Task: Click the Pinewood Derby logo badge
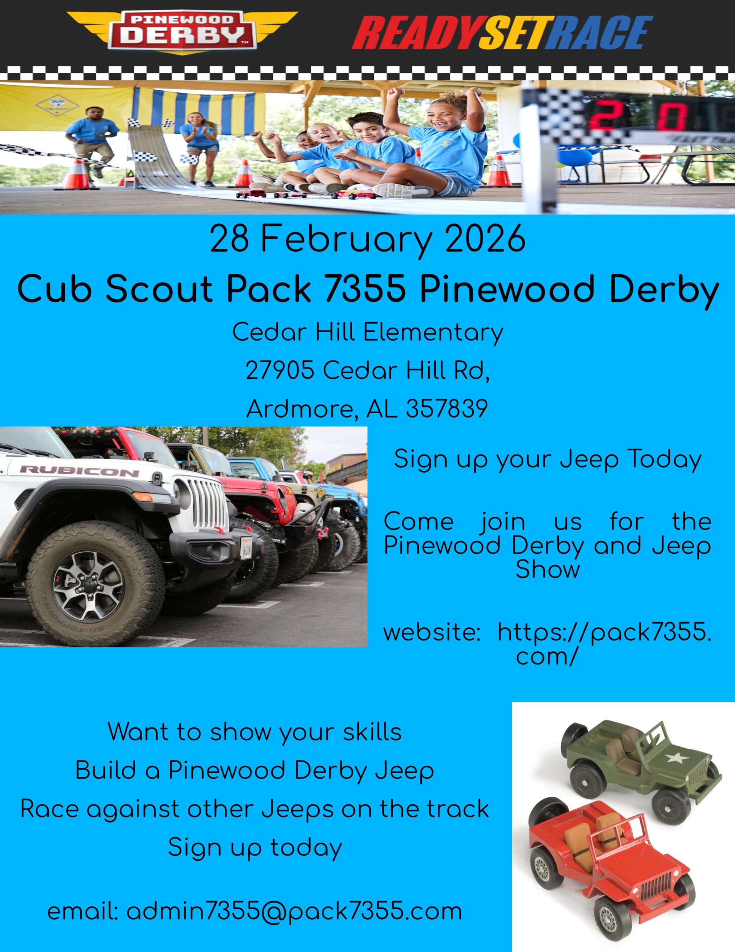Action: click(x=182, y=33)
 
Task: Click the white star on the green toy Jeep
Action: click(x=676, y=759)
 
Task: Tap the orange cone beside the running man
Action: click(x=77, y=174)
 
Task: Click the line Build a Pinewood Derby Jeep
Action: click(x=255, y=771)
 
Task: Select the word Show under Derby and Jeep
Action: click(x=548, y=569)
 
